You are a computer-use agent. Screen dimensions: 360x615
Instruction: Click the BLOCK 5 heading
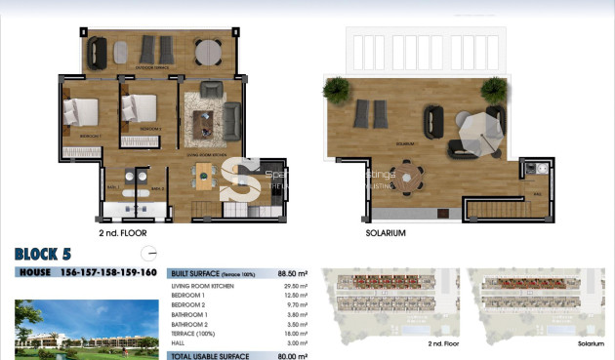(x=43, y=255)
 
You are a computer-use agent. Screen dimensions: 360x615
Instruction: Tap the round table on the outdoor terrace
(x=207, y=51)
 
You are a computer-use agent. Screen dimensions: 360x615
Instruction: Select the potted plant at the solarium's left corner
(x=336, y=91)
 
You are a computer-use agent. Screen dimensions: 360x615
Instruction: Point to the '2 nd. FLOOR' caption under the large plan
(x=123, y=234)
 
